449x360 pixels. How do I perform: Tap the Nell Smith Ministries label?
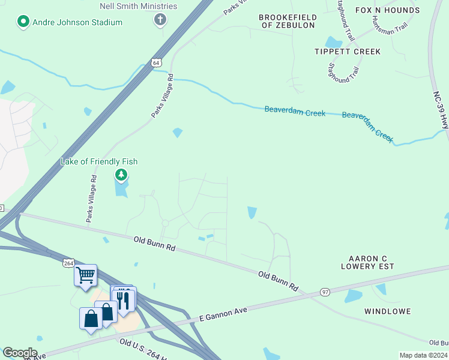click(x=138, y=6)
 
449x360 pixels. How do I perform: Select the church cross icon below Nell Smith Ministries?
click(x=160, y=20)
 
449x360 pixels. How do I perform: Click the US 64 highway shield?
click(x=156, y=62)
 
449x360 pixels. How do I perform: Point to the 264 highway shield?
click(x=68, y=263)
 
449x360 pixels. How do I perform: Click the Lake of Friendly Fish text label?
click(x=99, y=162)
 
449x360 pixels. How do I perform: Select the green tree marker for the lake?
click(x=121, y=175)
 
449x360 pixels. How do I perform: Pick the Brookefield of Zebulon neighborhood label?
click(x=287, y=21)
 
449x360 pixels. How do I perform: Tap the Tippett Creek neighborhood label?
click(x=348, y=52)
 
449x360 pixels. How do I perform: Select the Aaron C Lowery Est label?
click(x=367, y=262)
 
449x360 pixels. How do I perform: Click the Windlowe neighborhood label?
click(x=387, y=311)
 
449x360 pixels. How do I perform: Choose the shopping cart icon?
click(x=86, y=275)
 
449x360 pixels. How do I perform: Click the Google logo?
click(x=20, y=353)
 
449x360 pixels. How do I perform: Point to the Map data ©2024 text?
click(x=423, y=355)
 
